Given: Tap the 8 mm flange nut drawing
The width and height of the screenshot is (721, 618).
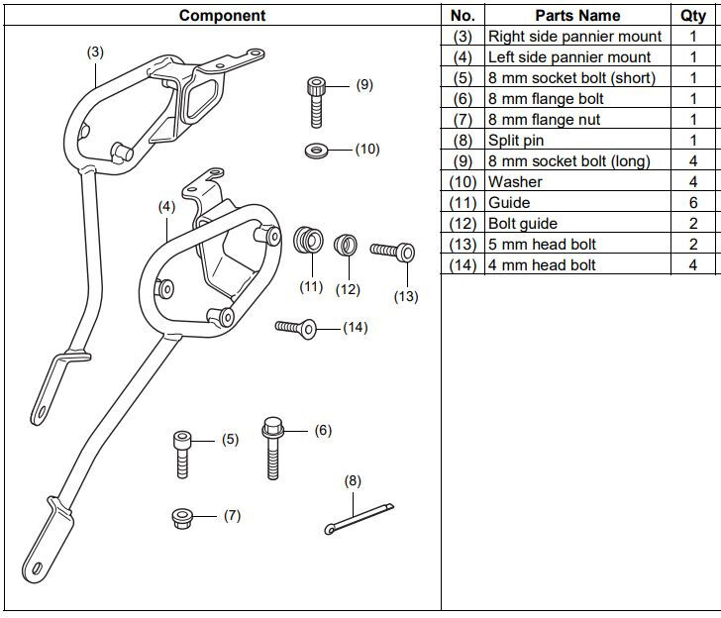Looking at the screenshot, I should pos(181,516).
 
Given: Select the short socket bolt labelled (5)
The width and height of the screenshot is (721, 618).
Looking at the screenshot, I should pos(182,453).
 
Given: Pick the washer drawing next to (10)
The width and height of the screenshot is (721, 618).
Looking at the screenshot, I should pos(318,150).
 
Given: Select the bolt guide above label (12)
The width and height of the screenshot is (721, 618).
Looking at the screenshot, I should pos(346,244).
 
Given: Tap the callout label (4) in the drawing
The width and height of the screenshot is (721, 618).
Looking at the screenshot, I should pos(166,207).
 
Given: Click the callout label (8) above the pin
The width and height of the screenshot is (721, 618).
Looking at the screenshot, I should pos(353,480).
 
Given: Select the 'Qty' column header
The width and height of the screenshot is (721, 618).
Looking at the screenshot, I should pos(693,15).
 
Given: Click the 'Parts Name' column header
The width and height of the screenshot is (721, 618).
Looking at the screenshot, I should pos(576,15).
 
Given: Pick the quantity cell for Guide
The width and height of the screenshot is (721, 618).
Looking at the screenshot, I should pos(693,203).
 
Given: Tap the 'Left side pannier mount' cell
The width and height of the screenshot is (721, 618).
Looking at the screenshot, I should pos(569,57).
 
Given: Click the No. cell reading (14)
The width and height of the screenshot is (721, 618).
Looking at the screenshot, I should pos(463,265).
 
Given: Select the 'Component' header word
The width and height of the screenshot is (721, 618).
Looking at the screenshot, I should pos(222,15).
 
